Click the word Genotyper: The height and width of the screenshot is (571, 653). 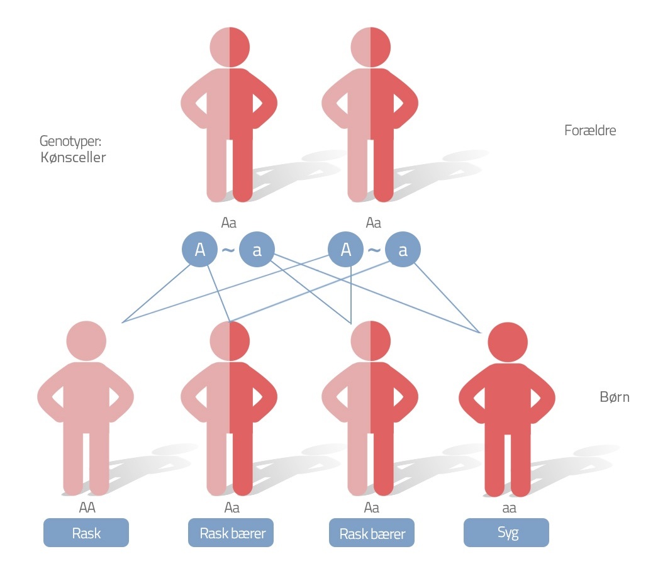coord(70,140)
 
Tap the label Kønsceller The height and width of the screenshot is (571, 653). coord(73,157)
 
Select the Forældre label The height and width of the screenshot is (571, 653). coord(590,131)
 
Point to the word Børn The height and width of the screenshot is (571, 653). coord(615,397)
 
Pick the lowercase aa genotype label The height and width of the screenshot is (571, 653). coord(506,507)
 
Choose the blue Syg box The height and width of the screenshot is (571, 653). coord(506,533)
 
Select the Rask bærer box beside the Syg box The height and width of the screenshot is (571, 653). coord(372,533)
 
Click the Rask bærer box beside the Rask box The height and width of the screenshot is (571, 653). coord(232,533)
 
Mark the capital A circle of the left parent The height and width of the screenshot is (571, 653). coord(199,250)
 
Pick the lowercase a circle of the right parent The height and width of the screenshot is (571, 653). coord(403,250)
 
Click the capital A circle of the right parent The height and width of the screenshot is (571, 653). coord(345,250)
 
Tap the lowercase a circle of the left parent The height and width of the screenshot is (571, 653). coord(257,250)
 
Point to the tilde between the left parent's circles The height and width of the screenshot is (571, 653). coord(228,250)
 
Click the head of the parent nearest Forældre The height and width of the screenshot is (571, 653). coord(371,46)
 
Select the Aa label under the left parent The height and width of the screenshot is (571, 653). coord(229,223)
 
